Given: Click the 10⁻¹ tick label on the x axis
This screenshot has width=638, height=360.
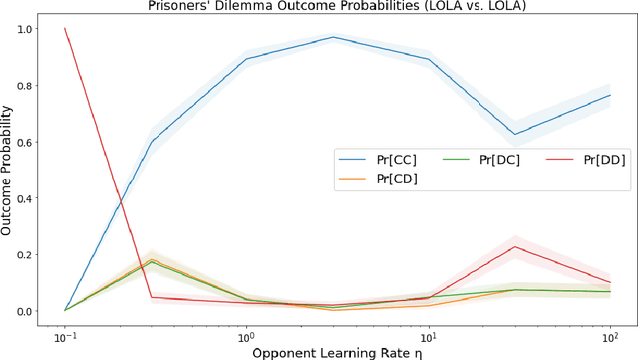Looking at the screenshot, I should [x=64, y=332].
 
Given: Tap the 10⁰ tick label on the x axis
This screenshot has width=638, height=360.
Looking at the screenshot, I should [x=246, y=332].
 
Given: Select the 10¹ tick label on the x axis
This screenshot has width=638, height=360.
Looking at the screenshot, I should [x=429, y=332].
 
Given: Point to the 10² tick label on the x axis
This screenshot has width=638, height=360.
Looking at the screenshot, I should [x=610, y=332].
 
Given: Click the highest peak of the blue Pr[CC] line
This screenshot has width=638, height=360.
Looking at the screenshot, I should [x=333, y=37].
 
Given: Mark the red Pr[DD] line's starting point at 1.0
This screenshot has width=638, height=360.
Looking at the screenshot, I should [x=65, y=29].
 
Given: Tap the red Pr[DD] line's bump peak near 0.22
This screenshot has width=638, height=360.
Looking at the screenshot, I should [x=515, y=247].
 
